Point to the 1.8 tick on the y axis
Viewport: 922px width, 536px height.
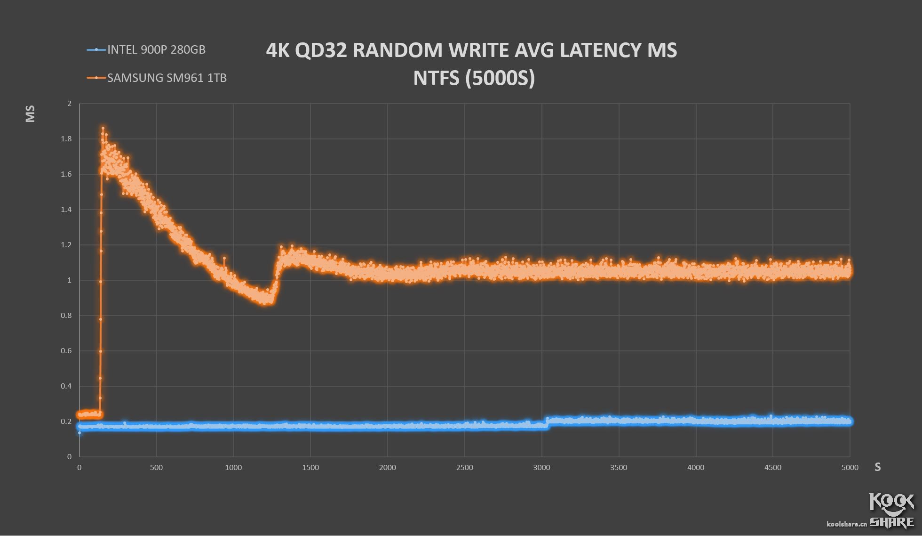point(66,139)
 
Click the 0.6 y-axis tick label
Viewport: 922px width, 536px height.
point(66,351)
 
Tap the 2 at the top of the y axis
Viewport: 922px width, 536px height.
point(70,104)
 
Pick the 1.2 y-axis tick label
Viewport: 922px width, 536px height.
point(66,245)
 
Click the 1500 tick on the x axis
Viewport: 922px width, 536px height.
point(310,468)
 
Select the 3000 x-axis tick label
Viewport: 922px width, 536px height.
point(541,468)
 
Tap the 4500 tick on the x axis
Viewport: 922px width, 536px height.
point(772,468)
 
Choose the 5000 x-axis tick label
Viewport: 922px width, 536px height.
point(850,468)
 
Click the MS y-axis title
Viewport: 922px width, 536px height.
point(30,114)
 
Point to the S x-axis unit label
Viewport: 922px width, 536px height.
point(877,467)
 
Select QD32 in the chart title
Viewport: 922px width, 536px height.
point(321,50)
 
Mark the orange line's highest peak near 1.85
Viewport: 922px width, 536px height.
point(103,128)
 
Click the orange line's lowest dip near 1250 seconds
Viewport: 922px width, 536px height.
point(266,301)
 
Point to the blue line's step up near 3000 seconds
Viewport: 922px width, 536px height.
point(546,422)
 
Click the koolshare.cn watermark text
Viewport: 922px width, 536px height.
point(847,524)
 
